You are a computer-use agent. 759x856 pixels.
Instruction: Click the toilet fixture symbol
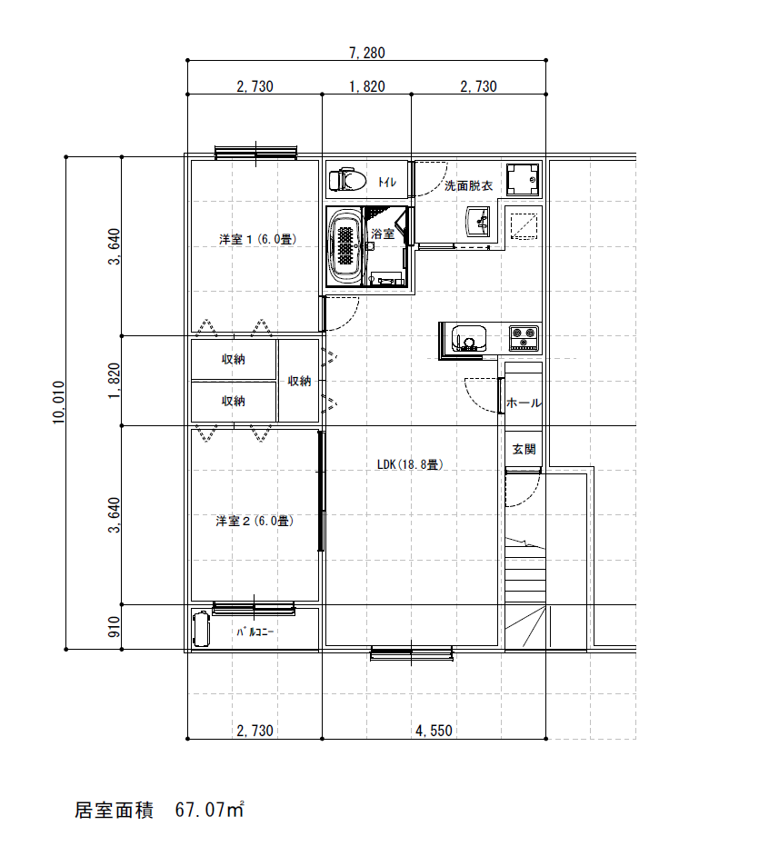347,179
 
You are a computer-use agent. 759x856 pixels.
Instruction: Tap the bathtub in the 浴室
345,246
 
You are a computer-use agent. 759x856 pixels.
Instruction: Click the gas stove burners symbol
524,338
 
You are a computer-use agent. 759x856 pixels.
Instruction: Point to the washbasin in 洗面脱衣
478,223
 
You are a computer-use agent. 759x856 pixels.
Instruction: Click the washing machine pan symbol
523,180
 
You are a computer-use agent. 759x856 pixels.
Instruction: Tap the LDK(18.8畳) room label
410,464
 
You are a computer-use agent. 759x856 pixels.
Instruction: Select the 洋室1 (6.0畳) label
258,239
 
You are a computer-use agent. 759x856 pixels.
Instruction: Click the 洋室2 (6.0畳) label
255,521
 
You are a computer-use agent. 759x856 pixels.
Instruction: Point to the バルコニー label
255,632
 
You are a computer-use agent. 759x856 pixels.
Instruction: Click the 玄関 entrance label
524,449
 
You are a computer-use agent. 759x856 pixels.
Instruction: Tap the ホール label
524,403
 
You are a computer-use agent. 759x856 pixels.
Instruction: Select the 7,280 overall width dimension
367,53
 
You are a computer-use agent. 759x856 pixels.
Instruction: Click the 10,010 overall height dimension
59,403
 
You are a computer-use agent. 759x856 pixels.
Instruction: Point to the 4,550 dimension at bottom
434,731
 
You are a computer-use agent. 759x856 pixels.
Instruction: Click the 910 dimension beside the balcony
114,627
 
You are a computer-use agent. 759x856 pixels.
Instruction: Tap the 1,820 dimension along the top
367,86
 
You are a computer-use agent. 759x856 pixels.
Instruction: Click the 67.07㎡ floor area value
209,809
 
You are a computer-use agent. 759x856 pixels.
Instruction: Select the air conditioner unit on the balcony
201,629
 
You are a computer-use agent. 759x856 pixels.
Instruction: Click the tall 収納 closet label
299,381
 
